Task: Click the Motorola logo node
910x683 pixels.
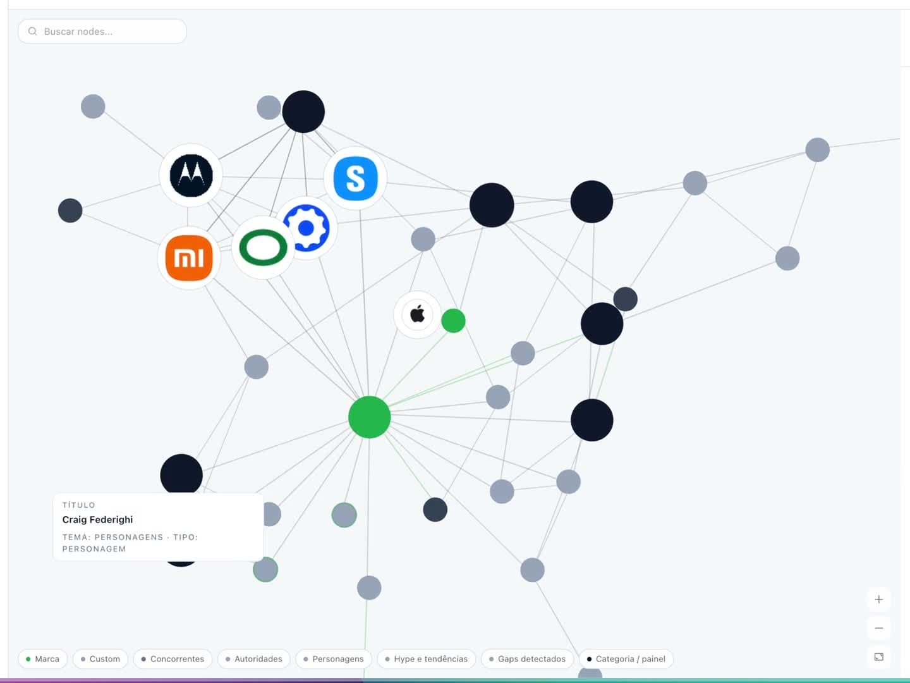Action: click(x=191, y=175)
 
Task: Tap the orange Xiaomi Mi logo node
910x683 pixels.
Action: click(x=189, y=258)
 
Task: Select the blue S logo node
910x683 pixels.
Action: click(x=355, y=178)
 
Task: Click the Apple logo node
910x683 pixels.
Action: click(x=417, y=315)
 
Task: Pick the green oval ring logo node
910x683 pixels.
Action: click(x=264, y=247)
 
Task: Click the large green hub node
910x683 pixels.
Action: click(x=370, y=417)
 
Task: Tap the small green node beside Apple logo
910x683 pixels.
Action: click(x=453, y=321)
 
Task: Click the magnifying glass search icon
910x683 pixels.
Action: click(x=33, y=32)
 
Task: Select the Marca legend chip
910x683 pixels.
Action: click(x=43, y=658)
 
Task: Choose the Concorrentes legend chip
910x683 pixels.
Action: click(x=173, y=658)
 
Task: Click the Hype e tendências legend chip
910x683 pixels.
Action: click(x=426, y=658)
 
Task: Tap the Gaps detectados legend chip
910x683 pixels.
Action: click(x=527, y=658)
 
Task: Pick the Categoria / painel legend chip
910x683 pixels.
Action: click(x=626, y=658)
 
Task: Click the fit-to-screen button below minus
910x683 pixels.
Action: click(x=878, y=657)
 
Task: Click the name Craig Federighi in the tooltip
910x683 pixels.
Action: click(x=97, y=520)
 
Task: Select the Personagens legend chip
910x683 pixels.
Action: click(x=334, y=658)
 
